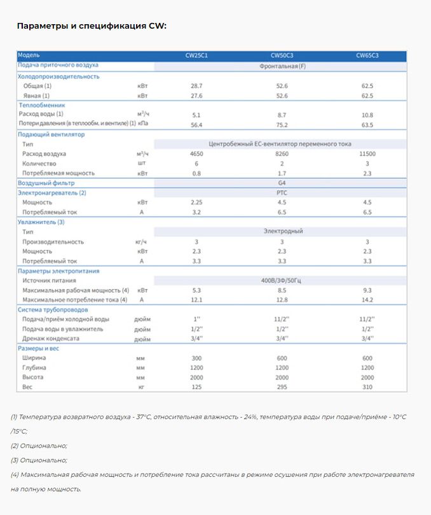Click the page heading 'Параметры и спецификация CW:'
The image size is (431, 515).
(92, 26)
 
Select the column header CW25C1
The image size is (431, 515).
(196, 55)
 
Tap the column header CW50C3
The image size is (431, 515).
(282, 55)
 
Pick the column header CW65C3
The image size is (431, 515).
(367, 55)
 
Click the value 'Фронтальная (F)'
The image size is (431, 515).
(282, 66)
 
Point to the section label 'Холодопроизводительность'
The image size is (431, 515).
(58, 76)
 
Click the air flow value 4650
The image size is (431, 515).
(196, 154)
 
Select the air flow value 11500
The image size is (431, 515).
(367, 154)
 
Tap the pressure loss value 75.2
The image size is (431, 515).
(282, 125)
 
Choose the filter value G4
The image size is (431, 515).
(282, 183)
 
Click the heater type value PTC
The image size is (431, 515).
(282, 192)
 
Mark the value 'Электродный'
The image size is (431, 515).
(282, 232)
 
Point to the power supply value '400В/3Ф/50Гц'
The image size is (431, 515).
(282, 280)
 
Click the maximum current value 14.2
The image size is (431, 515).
(367, 300)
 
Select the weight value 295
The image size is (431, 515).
(282, 387)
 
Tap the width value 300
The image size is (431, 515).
(196, 358)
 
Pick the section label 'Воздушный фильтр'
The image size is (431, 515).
(46, 183)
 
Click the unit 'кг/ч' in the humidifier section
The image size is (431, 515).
(141, 242)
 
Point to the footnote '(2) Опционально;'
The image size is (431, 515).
(39, 446)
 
